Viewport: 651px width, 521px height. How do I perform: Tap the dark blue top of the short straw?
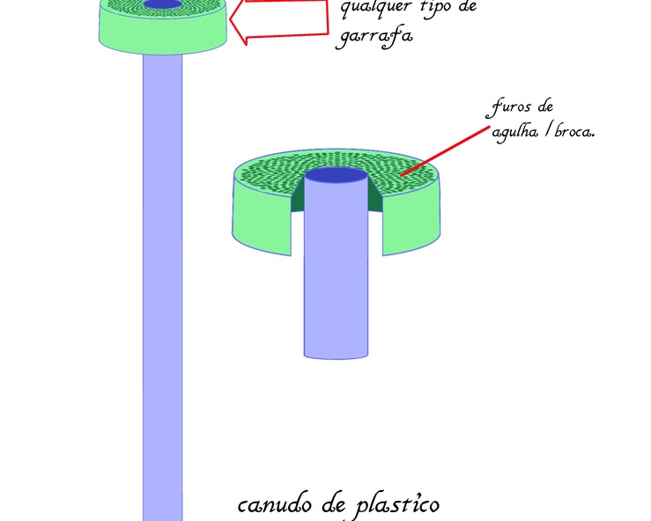336,176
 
